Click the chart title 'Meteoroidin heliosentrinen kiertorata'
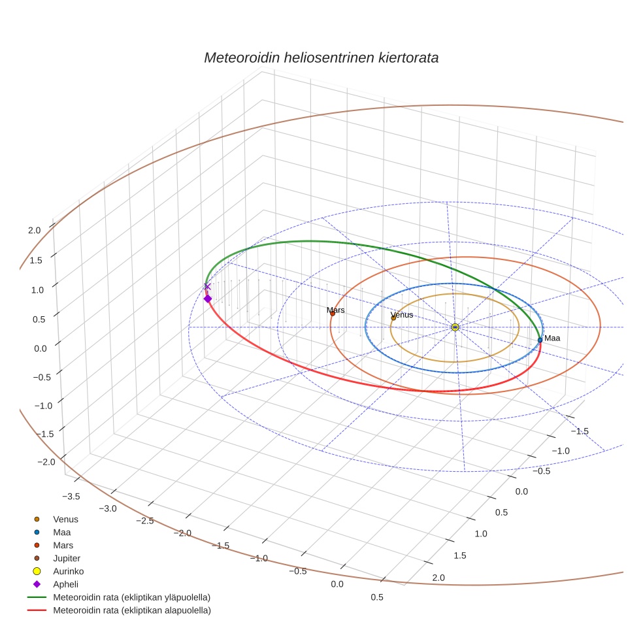tap(321, 58)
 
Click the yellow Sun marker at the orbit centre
tap(455, 327)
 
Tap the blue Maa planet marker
tap(540, 340)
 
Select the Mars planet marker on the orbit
tap(332, 314)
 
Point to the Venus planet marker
tap(393, 318)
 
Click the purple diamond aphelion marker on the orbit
tap(208, 299)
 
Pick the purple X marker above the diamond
tap(207, 286)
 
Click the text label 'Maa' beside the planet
tap(552, 338)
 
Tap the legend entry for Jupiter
tap(66, 558)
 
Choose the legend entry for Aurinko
tap(68, 571)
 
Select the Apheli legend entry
tap(65, 584)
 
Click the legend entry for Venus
tap(65, 519)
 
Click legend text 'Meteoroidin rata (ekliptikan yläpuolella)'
tap(131, 597)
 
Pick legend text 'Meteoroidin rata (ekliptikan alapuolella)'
tap(131, 610)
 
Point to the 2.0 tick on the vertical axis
tap(35, 230)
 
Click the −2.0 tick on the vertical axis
tap(46, 462)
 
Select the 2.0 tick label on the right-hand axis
tap(438, 577)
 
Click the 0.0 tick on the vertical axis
tap(41, 348)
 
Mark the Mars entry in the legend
tap(63, 545)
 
